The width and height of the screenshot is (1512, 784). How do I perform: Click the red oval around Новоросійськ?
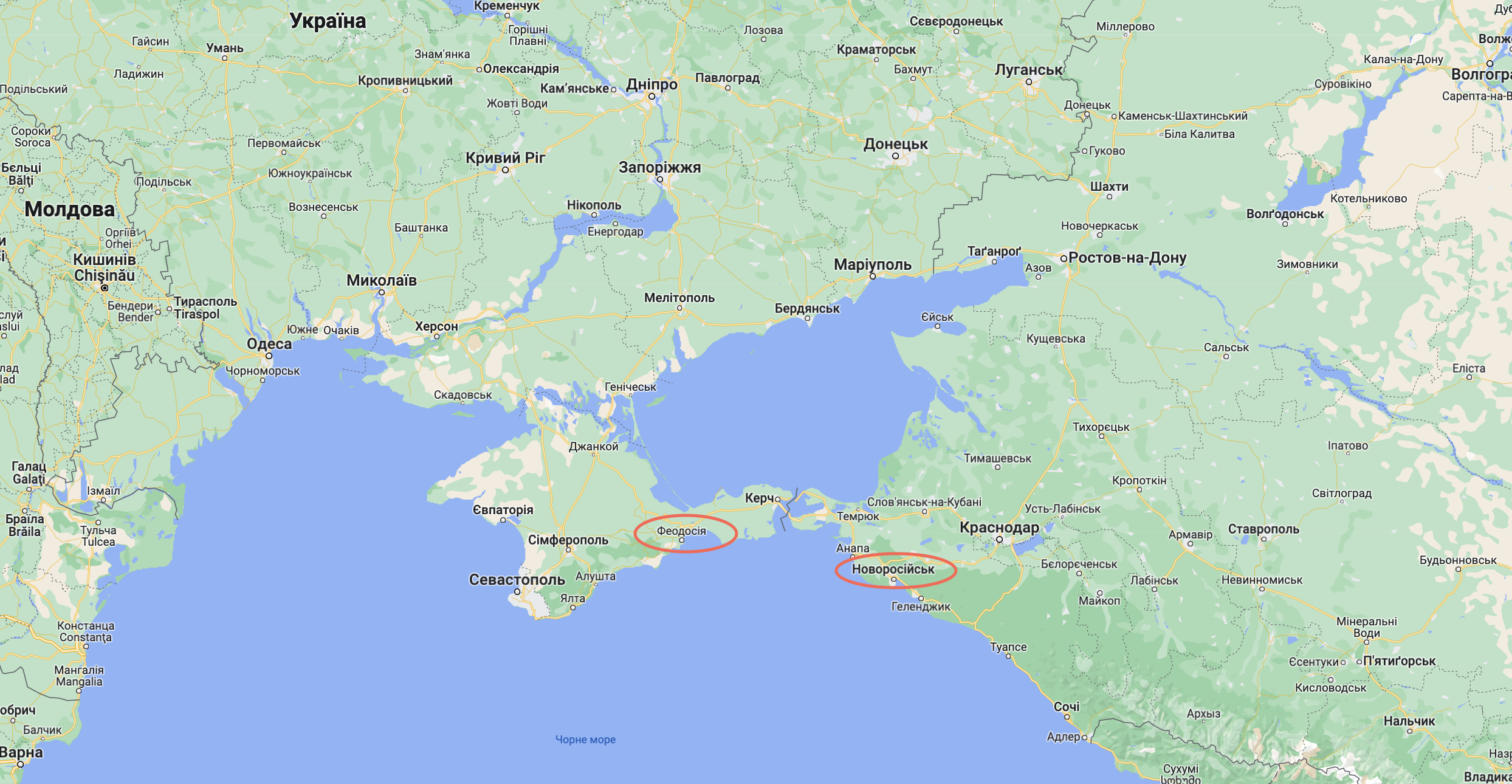(x=896, y=555)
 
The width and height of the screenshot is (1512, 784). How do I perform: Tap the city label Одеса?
(x=269, y=344)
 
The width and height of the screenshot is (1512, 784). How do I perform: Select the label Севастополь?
(x=517, y=579)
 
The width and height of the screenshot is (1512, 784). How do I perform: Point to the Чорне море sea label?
(x=585, y=740)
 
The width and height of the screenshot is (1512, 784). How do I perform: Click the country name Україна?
(x=328, y=21)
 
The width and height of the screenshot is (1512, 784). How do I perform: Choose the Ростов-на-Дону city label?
(x=1127, y=258)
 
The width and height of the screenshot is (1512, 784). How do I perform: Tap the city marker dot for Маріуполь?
(x=873, y=277)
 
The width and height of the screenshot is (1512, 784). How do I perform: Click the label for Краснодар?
(x=999, y=527)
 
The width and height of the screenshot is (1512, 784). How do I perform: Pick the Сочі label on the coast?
(x=1067, y=706)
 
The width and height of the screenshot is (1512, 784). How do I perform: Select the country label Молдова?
(x=69, y=209)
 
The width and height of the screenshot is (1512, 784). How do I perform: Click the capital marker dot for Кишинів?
(x=105, y=287)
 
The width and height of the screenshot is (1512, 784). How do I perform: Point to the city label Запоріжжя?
(x=659, y=167)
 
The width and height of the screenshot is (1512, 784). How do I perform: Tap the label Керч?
(x=759, y=498)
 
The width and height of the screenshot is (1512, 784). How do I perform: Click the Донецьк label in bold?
(x=895, y=144)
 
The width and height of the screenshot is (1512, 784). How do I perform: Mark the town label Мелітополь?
(x=679, y=298)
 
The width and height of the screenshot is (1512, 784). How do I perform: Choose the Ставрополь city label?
(x=1263, y=529)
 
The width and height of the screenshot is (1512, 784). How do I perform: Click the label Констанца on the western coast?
(x=86, y=626)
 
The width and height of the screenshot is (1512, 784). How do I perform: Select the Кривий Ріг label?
(x=505, y=158)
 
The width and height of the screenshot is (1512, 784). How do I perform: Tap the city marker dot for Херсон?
(x=436, y=336)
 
